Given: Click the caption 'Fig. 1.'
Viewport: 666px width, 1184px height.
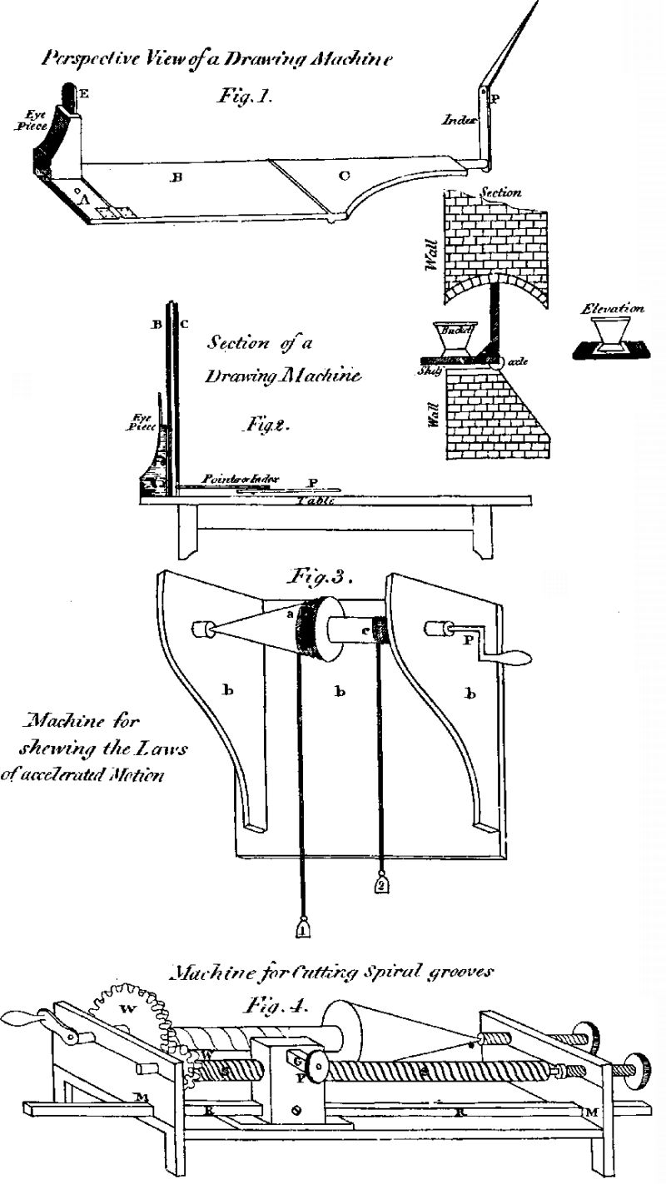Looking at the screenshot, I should coord(241,97).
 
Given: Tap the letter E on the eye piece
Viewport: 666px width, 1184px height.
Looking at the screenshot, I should coord(85,94).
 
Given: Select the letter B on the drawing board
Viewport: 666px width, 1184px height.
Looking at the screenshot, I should coord(175,177).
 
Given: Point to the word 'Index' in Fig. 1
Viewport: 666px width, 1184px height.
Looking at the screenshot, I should coord(458,120).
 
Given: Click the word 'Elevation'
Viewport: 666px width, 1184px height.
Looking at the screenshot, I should coord(614,309).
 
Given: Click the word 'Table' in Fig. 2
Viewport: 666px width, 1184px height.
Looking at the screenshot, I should coord(313,501).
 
